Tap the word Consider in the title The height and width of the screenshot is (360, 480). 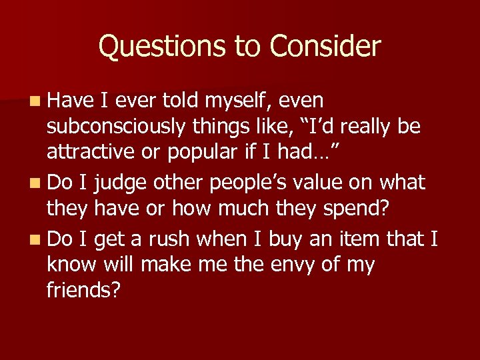(325, 47)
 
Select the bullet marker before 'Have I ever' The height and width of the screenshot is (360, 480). (34, 101)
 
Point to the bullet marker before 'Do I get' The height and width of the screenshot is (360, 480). (34, 238)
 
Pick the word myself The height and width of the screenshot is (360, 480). (241, 101)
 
